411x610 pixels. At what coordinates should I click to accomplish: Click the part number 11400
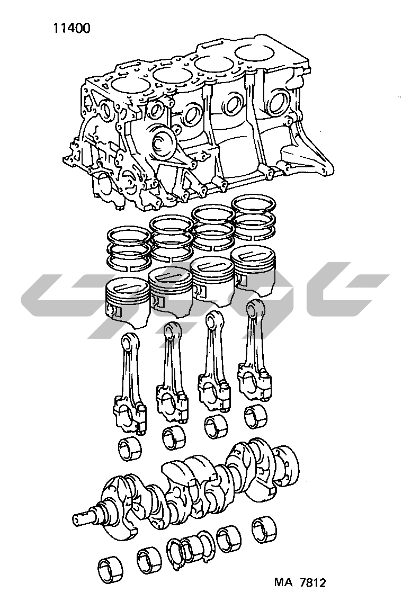click(72, 28)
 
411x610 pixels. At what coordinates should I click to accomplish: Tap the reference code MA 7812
click(300, 582)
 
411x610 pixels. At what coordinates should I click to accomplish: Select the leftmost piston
click(128, 300)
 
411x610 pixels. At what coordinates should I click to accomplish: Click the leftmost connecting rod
click(130, 385)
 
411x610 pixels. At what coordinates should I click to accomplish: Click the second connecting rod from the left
click(172, 373)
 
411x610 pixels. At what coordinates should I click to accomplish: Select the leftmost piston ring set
click(129, 249)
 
